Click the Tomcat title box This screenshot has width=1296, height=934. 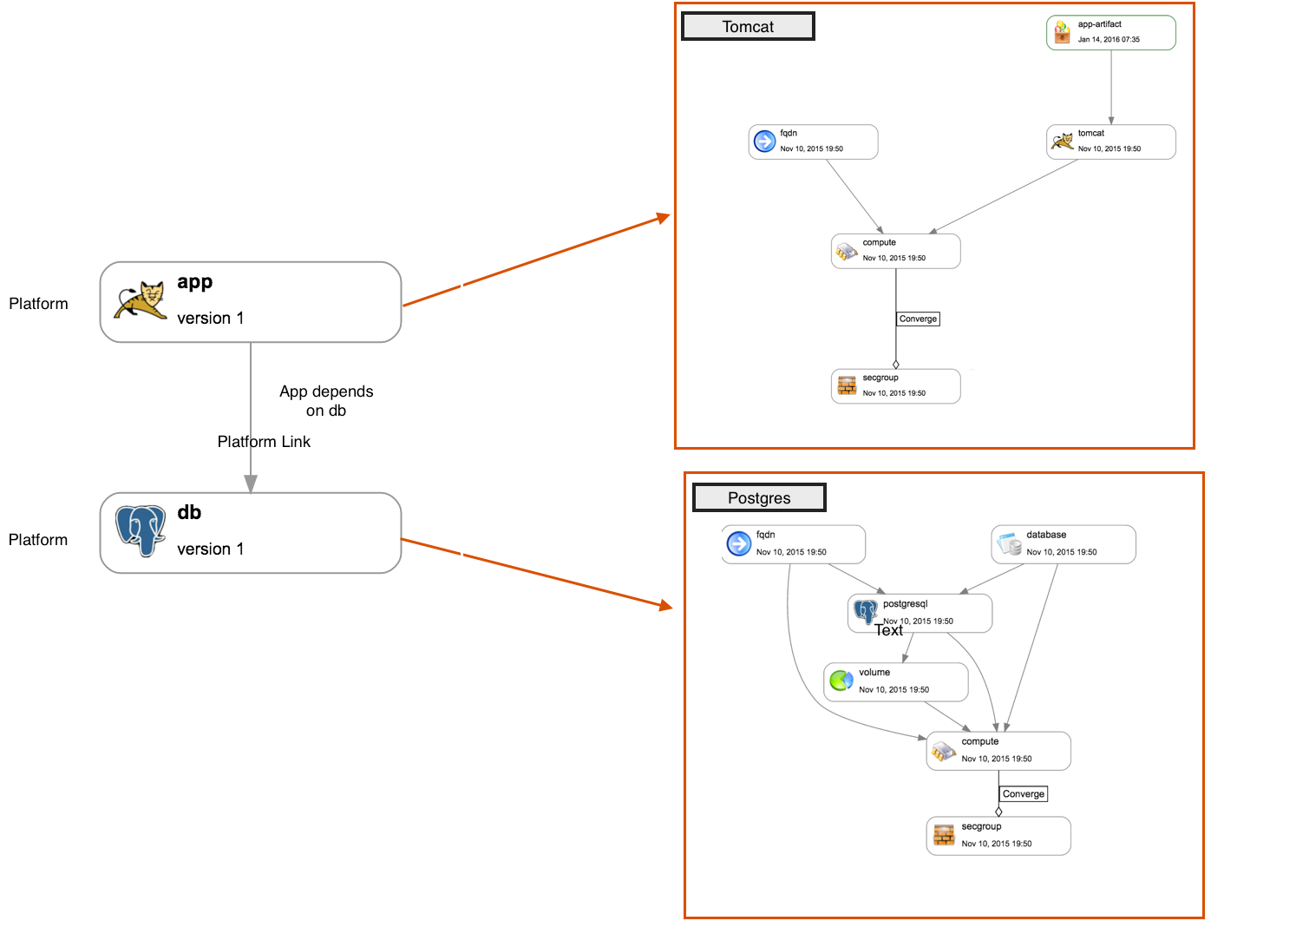748,27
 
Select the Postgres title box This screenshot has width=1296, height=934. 759,498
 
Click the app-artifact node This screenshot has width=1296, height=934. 1110,33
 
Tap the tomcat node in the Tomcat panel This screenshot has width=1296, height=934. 1110,141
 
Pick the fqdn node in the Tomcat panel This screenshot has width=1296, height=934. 813,141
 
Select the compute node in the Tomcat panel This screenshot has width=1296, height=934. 895,251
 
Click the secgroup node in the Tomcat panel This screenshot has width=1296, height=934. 895,386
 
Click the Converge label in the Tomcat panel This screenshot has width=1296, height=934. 918,319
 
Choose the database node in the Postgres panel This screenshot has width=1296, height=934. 1063,544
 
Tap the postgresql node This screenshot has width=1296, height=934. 920,613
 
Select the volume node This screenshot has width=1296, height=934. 895,681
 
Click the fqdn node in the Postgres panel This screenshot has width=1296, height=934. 793,544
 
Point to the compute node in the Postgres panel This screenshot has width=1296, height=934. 998,751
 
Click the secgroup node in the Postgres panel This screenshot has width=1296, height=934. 998,836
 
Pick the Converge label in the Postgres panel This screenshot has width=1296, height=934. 1023,794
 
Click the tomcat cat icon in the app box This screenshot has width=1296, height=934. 141,301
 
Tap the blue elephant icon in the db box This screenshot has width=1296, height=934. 141,529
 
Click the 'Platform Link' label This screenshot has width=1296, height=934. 264,442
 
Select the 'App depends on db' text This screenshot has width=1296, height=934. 326,401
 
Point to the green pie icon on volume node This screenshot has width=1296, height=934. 840,681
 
